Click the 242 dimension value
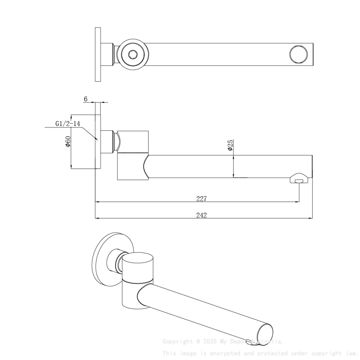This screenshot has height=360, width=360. [x=202, y=215]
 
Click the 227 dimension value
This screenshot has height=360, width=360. [x=202, y=199]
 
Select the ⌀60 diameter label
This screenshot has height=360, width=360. [x=68, y=141]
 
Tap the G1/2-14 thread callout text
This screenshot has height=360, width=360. [x=68, y=124]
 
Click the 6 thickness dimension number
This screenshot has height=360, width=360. [x=86, y=99]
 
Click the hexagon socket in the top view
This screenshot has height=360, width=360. [x=132, y=54]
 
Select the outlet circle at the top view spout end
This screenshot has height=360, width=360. [x=298, y=54]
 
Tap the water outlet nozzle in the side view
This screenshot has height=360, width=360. [x=299, y=180]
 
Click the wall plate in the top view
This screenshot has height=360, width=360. [x=98, y=54]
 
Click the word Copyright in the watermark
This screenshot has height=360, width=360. [x=177, y=341]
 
